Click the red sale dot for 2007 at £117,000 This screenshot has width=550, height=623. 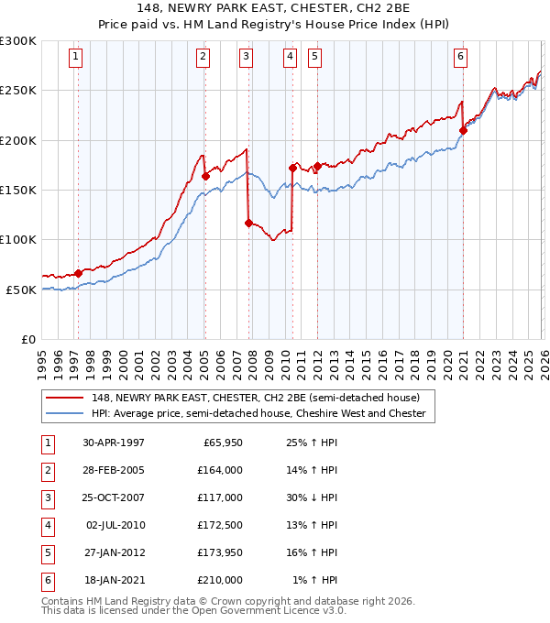click(x=248, y=222)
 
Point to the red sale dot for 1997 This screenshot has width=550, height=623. click(x=79, y=273)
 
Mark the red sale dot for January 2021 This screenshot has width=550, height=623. click(x=463, y=130)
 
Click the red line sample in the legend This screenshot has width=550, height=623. click(x=65, y=398)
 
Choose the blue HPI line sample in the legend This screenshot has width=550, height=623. click(x=65, y=414)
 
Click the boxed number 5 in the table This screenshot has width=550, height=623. click(x=47, y=552)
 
